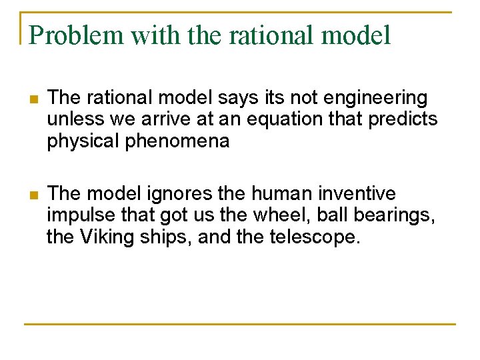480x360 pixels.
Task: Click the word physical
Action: [x=78, y=141]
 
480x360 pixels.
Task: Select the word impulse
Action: [x=78, y=215]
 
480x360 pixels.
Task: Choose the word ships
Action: [x=166, y=237]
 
